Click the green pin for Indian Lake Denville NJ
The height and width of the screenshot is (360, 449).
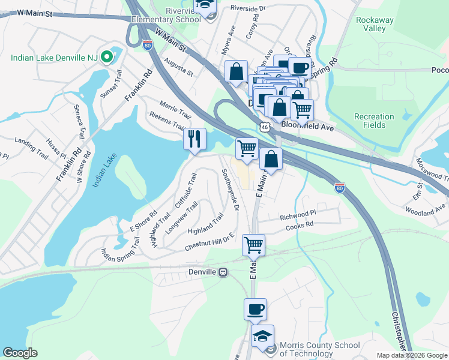point(107,58)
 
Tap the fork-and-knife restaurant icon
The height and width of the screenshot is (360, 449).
point(194,139)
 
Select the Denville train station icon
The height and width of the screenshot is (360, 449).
point(223,272)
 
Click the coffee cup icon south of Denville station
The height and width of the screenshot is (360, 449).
point(255,309)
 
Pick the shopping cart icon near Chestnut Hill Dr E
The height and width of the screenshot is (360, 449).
point(253,245)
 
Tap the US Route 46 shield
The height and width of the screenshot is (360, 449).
point(264,127)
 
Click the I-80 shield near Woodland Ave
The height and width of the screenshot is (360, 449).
point(340,188)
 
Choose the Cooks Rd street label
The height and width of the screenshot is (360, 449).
point(300,224)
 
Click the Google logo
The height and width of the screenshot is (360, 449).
point(20,352)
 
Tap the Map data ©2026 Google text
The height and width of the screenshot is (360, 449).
point(412,355)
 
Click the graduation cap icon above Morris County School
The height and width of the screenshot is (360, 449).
point(262,337)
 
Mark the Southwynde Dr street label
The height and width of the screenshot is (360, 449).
point(231,190)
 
